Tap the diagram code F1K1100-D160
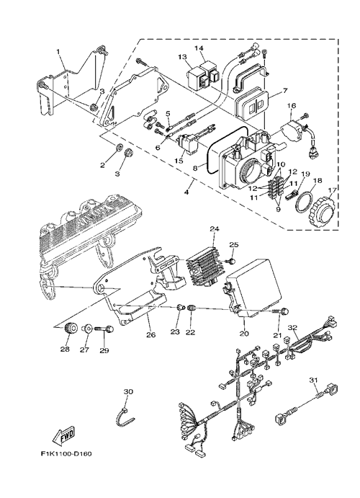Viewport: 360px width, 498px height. pos(66,453)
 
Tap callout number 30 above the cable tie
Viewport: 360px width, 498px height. pos(128,391)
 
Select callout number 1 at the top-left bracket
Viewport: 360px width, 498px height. pos(58,51)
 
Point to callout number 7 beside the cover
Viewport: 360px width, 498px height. pos(284,91)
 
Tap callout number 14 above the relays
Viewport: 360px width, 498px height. pos(198,48)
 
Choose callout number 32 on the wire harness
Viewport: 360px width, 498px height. pos(293,327)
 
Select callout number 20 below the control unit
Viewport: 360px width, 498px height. pos(244,334)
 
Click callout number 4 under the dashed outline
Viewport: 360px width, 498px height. pos(186,192)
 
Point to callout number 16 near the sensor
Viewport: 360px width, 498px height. pos(292,105)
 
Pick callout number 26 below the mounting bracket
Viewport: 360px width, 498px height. pos(151,334)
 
